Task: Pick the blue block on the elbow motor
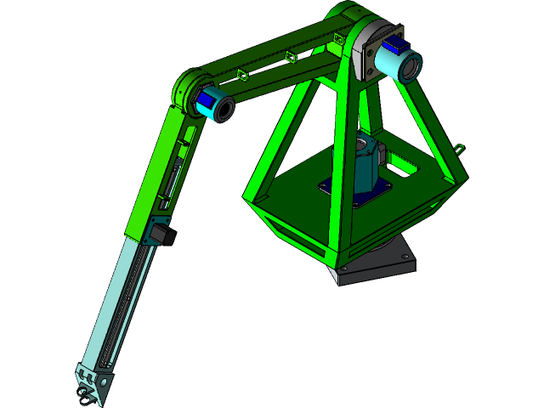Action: [205, 100]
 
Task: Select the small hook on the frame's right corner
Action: [462, 147]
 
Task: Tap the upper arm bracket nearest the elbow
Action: [241, 74]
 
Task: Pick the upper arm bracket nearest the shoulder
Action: [338, 38]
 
